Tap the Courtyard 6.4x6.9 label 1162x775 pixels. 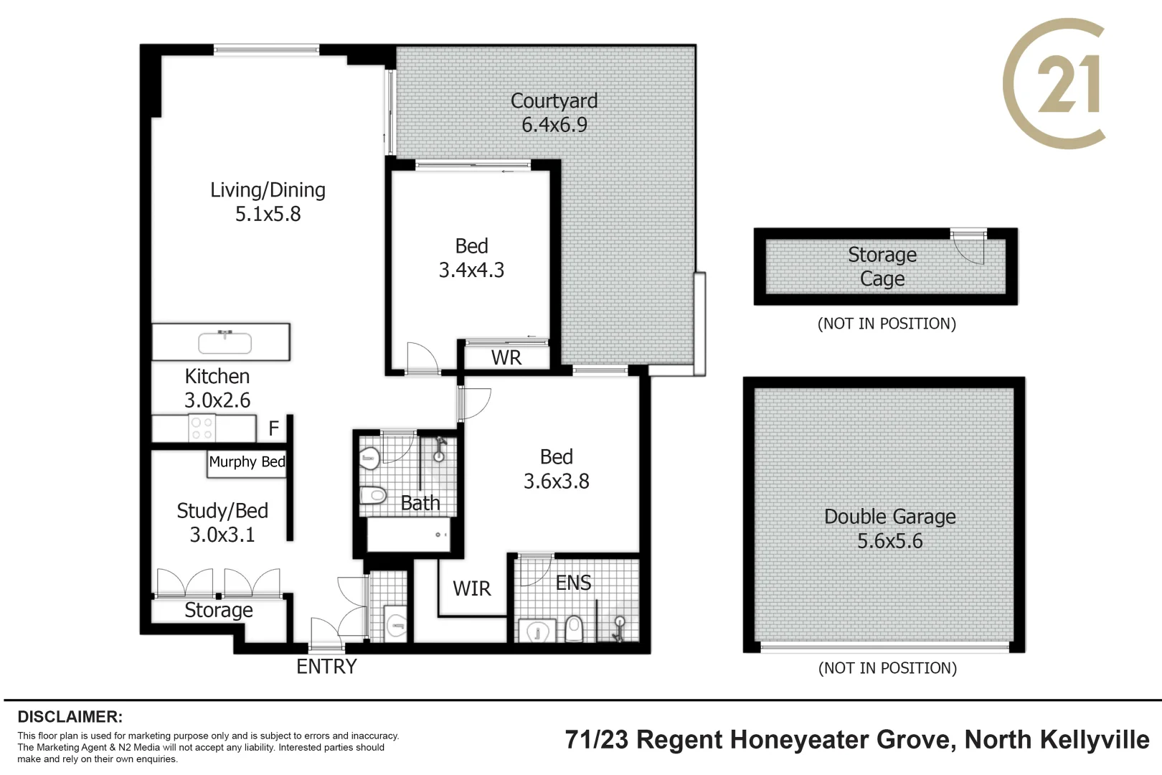pos(554,113)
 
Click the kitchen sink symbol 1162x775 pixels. pos(225,342)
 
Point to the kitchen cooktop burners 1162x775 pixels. pos(202,428)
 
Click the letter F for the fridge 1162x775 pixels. pos(273,428)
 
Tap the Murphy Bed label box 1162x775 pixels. pos(247,462)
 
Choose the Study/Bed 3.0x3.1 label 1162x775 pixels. pos(222,522)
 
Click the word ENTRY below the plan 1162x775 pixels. pos(326,667)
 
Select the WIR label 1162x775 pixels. pos(471,588)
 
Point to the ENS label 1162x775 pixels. pos(573,583)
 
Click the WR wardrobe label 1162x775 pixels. pos(506,357)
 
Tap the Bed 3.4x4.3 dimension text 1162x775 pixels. pos(471,270)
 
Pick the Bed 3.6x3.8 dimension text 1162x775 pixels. pos(556,482)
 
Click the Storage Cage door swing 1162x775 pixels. pos(969,248)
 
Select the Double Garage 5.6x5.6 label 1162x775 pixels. pos(889,528)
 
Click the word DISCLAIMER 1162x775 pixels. pos(70,717)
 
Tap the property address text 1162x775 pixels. pos(857,740)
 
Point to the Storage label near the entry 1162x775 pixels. pos(218,610)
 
